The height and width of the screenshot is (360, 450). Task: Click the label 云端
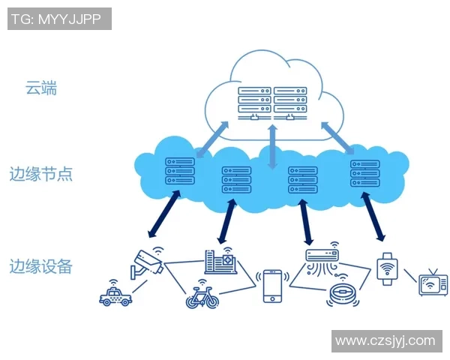click(41, 88)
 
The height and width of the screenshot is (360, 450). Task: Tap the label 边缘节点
click(41, 174)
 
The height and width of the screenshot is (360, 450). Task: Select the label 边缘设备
click(41, 265)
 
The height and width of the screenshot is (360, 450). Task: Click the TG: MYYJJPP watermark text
click(59, 19)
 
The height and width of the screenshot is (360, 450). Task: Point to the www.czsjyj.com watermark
click(385, 340)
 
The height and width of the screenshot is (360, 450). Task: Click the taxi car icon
click(115, 296)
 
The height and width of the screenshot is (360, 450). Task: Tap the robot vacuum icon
click(341, 293)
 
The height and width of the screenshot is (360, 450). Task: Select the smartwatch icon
click(385, 266)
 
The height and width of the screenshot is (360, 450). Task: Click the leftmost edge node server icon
click(180, 170)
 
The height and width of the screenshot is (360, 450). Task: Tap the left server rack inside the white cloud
click(253, 102)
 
